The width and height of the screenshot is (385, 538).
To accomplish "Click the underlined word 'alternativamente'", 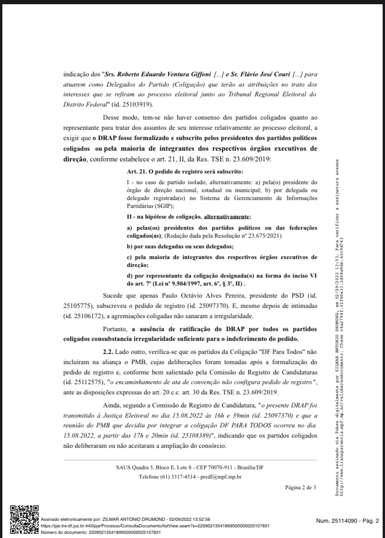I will click(227, 216).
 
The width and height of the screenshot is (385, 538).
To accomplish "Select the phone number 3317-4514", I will click(184, 477).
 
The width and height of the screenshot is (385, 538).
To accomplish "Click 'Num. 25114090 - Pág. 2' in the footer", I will click(347, 521).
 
